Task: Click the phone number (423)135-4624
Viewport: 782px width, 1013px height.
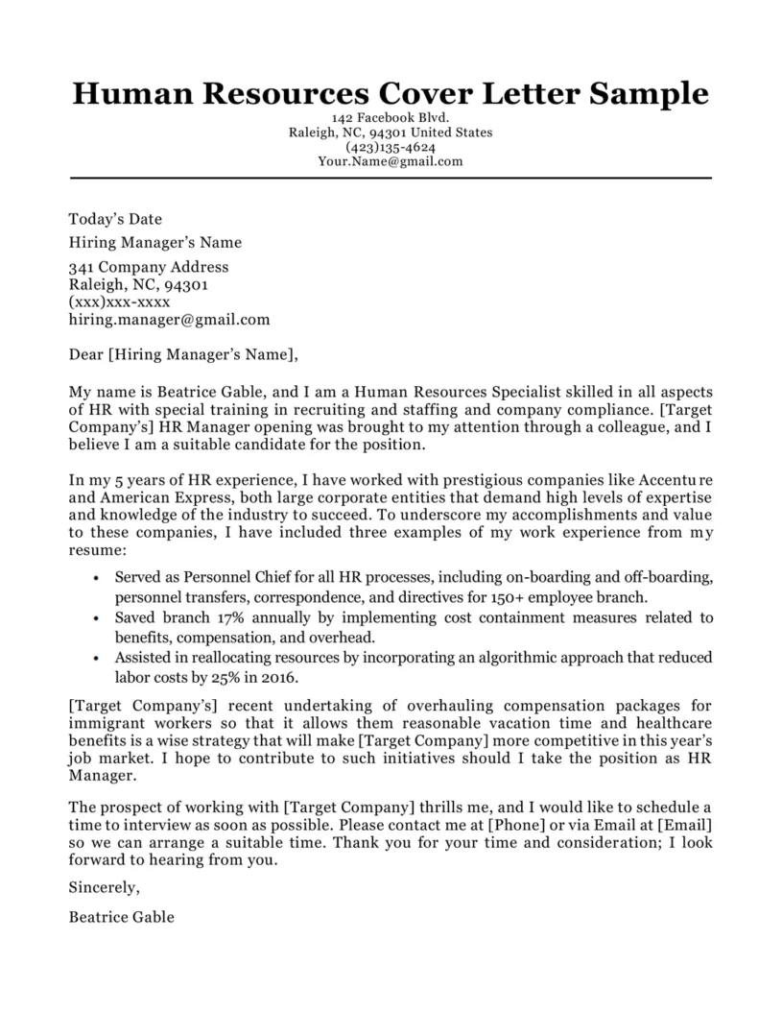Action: pyautogui.click(x=391, y=147)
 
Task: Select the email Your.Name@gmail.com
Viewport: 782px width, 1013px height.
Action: pyautogui.click(x=391, y=161)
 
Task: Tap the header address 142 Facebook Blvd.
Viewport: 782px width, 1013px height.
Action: pyautogui.click(x=391, y=118)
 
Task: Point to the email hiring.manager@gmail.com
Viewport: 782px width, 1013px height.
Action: pyautogui.click(x=170, y=319)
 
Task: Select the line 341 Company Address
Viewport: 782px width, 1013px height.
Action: pyautogui.click(x=149, y=267)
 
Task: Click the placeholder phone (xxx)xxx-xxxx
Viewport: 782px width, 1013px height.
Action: pyautogui.click(x=119, y=301)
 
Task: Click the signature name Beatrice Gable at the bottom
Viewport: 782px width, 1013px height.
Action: pyautogui.click(x=122, y=916)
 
